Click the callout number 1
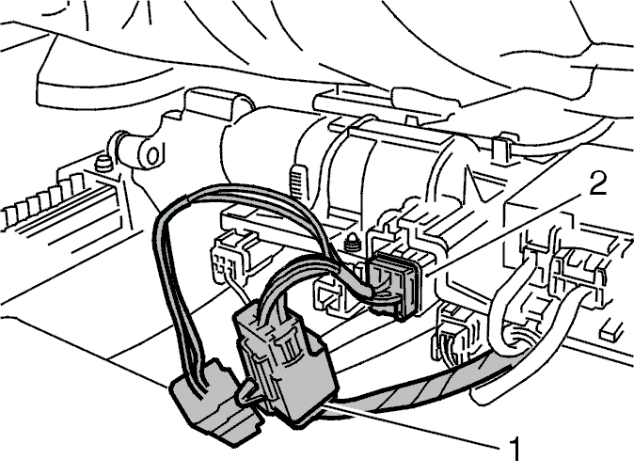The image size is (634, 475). (514, 449)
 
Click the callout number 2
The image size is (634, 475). (597, 184)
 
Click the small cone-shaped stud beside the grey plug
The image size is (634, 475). (353, 242)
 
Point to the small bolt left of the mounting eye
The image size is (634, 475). (103, 163)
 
